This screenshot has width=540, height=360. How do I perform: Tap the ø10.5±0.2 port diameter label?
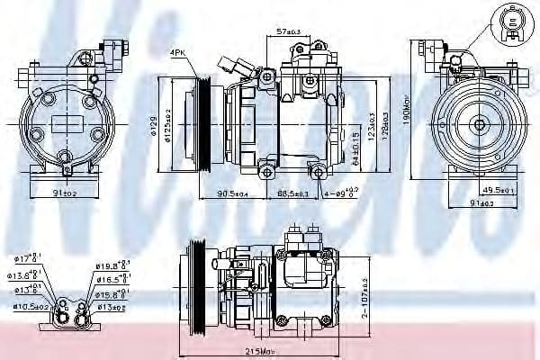click(29, 307)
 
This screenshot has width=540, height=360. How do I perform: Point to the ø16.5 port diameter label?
click(112, 280)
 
